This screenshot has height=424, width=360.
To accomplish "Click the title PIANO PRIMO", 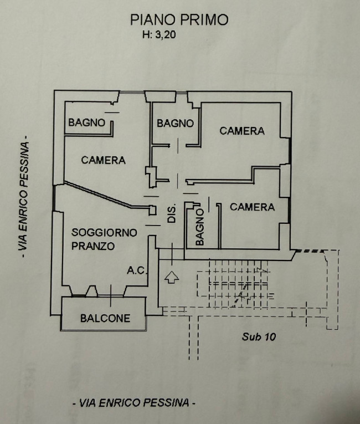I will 179,20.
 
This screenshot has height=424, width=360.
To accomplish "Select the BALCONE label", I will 105,318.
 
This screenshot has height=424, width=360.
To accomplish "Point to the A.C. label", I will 136,270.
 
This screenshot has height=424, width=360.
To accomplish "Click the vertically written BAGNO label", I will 200,226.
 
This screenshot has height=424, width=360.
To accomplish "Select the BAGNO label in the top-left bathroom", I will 86,122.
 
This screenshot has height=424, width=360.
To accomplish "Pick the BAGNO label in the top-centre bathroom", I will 175,123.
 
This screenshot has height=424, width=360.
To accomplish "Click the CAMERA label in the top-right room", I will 242,131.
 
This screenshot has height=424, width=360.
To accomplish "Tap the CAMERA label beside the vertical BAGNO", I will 252,207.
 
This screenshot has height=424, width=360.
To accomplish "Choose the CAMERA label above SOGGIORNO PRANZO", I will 103,160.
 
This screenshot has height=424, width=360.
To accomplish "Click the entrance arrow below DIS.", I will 172,277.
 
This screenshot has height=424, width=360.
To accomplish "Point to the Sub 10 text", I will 259,336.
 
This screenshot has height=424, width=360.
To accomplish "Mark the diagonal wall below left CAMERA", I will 102,195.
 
